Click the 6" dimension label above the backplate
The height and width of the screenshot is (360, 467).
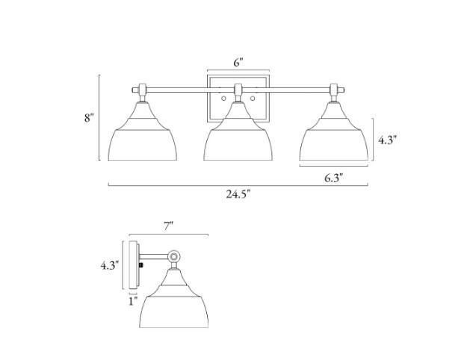pyautogui.click(x=238, y=63)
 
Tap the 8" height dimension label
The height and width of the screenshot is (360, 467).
pyautogui.click(x=89, y=118)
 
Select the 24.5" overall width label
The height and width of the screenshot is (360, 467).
pyautogui.click(x=238, y=194)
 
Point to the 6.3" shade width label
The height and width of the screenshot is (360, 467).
pyautogui.click(x=333, y=178)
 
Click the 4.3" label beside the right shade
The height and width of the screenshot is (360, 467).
pyautogui.click(x=388, y=140)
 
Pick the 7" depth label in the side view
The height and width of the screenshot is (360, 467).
pyautogui.click(x=169, y=226)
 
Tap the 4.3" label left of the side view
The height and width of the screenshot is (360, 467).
pyautogui.click(x=110, y=265)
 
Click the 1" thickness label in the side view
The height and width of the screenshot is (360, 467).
pyautogui.click(x=133, y=301)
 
